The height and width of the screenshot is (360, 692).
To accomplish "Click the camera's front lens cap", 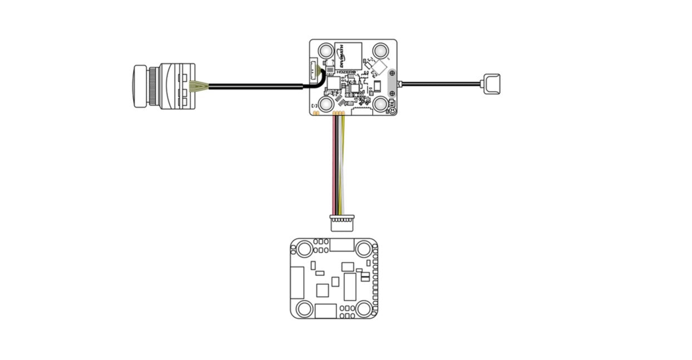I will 139,86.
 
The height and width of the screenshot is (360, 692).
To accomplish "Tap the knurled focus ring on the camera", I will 152,86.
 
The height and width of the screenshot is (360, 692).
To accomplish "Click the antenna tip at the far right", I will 492,83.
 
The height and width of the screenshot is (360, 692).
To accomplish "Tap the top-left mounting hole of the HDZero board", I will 326,51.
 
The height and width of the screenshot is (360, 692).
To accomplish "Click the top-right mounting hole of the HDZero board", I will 381,51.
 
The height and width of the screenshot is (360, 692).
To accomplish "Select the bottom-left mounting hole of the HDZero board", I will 326,103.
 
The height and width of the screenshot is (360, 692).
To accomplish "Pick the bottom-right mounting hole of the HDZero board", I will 381,103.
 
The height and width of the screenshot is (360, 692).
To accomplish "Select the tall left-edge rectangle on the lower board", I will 298,283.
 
